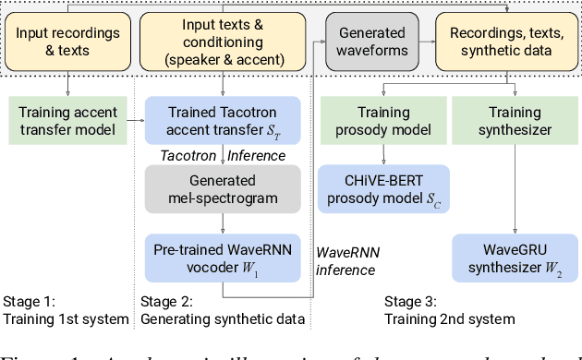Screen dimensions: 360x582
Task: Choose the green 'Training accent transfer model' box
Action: tap(69, 120)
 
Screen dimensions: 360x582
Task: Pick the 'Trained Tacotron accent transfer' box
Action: tap(222, 120)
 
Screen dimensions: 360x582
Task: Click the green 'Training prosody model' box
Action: tap(382, 120)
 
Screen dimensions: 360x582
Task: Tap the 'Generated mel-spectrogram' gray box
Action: tap(222, 189)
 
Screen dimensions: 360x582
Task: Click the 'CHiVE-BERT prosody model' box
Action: tap(382, 187)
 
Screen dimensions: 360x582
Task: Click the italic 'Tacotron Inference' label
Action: tap(222, 155)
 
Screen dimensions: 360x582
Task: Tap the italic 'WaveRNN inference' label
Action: tap(346, 260)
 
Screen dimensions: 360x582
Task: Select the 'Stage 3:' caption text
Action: tap(413, 301)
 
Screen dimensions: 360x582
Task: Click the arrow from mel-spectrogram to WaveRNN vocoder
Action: tap(222, 222)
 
